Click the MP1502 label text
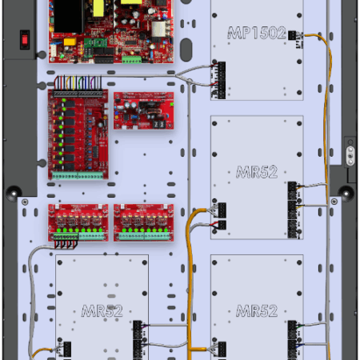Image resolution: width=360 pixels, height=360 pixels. (256, 34)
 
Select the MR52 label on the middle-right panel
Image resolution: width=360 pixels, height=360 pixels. (256, 171)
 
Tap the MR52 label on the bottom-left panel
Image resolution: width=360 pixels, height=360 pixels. (102, 310)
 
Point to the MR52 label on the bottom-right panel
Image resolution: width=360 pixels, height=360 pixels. (256, 310)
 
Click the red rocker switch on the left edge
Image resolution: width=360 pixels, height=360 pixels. (24, 38)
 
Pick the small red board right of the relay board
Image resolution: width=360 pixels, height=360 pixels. (143, 110)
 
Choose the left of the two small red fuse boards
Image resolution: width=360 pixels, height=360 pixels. (78, 222)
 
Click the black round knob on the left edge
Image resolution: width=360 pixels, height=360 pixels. (14, 192)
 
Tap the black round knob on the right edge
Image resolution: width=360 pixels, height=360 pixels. (345, 192)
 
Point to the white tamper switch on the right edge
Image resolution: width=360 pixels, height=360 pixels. (349, 149)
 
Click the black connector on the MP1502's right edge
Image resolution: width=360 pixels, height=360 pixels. (293, 37)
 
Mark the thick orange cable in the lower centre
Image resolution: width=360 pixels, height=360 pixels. (190, 288)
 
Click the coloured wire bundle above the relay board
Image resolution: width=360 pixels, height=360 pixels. (78, 82)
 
